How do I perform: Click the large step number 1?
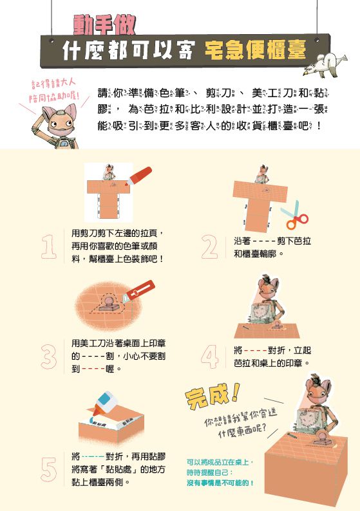[49, 246]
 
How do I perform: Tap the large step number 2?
[209, 246]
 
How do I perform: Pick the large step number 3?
[49, 357]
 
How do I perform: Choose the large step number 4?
[209, 357]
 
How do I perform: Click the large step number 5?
[49, 468]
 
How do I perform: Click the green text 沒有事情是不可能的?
[220, 483]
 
